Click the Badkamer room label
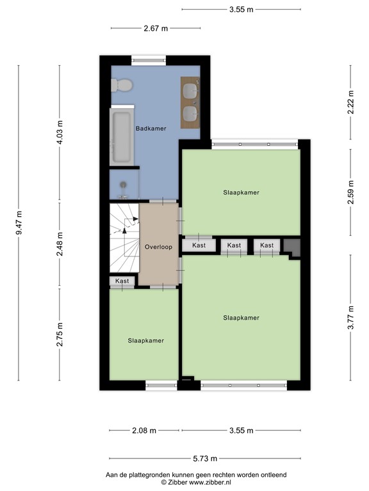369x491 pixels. pyautogui.click(x=151, y=129)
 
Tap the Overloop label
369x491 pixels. pyautogui.click(x=158, y=247)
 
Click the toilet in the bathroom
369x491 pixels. pyautogui.click(x=122, y=85)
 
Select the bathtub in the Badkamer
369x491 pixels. pyautogui.click(x=122, y=136)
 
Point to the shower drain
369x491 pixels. pyautogui.click(x=124, y=184)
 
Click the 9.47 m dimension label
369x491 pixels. pyautogui.click(x=19, y=222)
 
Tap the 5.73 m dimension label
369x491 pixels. pyautogui.click(x=205, y=458)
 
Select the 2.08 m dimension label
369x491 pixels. pyautogui.click(x=144, y=430)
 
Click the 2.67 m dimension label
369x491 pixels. pyautogui.click(x=156, y=28)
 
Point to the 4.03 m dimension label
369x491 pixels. pyautogui.click(x=60, y=132)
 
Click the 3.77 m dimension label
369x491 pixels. pyautogui.click(x=351, y=317)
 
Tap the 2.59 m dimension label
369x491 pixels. pyautogui.click(x=351, y=192)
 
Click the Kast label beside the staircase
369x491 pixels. pyautogui.click(x=122, y=281)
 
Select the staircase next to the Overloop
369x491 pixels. pyautogui.click(x=124, y=238)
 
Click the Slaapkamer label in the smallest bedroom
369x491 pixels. pyautogui.click(x=146, y=341)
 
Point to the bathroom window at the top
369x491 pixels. pyautogui.click(x=149, y=61)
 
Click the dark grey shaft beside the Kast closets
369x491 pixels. pyautogui.click(x=292, y=248)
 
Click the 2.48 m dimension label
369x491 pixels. pyautogui.click(x=60, y=244)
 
